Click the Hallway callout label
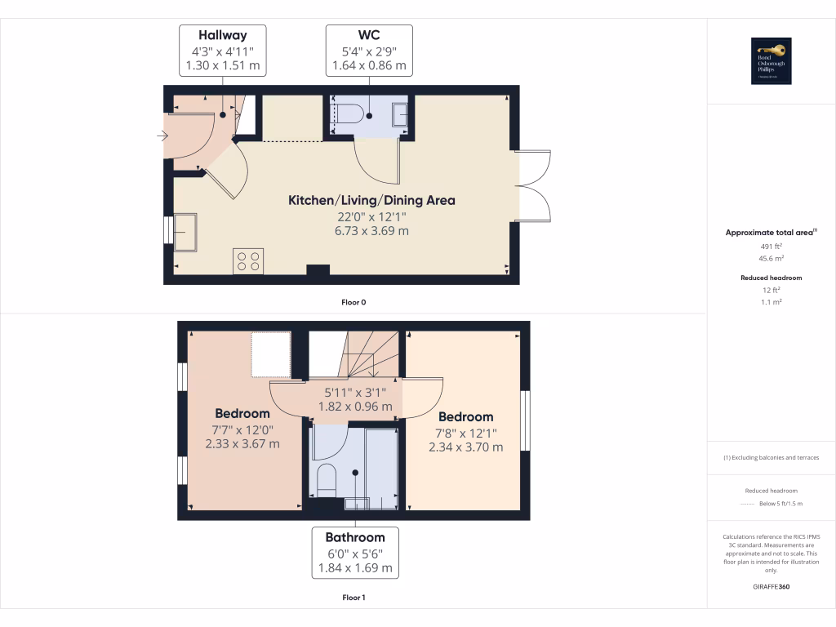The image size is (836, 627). click(x=222, y=51)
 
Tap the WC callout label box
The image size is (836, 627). click(x=369, y=51)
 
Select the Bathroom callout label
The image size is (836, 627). click(x=355, y=553)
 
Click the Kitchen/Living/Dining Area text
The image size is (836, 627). click(x=371, y=200)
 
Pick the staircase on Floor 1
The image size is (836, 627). click(x=371, y=354)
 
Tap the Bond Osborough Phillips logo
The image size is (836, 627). click(x=772, y=61)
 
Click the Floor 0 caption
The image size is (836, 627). click(x=354, y=302)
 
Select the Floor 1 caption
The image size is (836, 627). click(x=354, y=598)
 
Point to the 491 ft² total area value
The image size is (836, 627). click(x=772, y=246)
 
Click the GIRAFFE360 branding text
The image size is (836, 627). click(x=772, y=586)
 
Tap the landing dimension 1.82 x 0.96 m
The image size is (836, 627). click(x=355, y=407)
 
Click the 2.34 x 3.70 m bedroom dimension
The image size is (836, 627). click(x=465, y=447)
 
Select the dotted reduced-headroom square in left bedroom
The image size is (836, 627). click(x=270, y=354)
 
